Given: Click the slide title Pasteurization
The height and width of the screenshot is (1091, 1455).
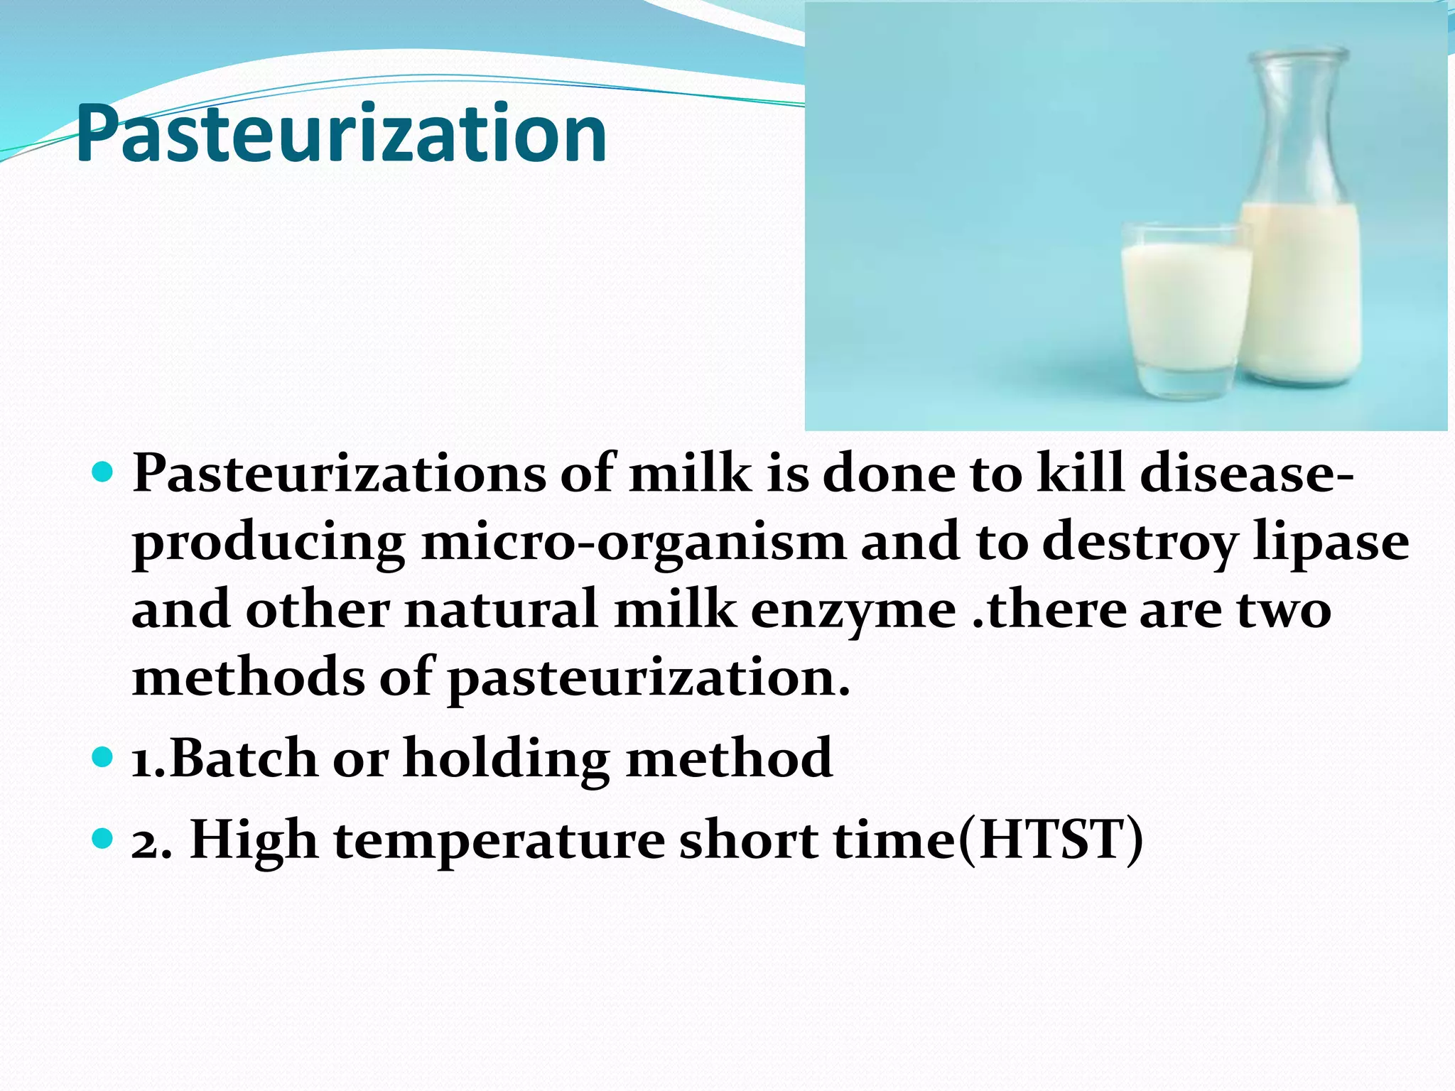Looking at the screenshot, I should click(x=341, y=134).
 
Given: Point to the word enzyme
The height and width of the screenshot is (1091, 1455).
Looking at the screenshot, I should click(x=853, y=610).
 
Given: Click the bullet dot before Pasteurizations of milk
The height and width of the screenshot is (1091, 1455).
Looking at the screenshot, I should click(x=103, y=471).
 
